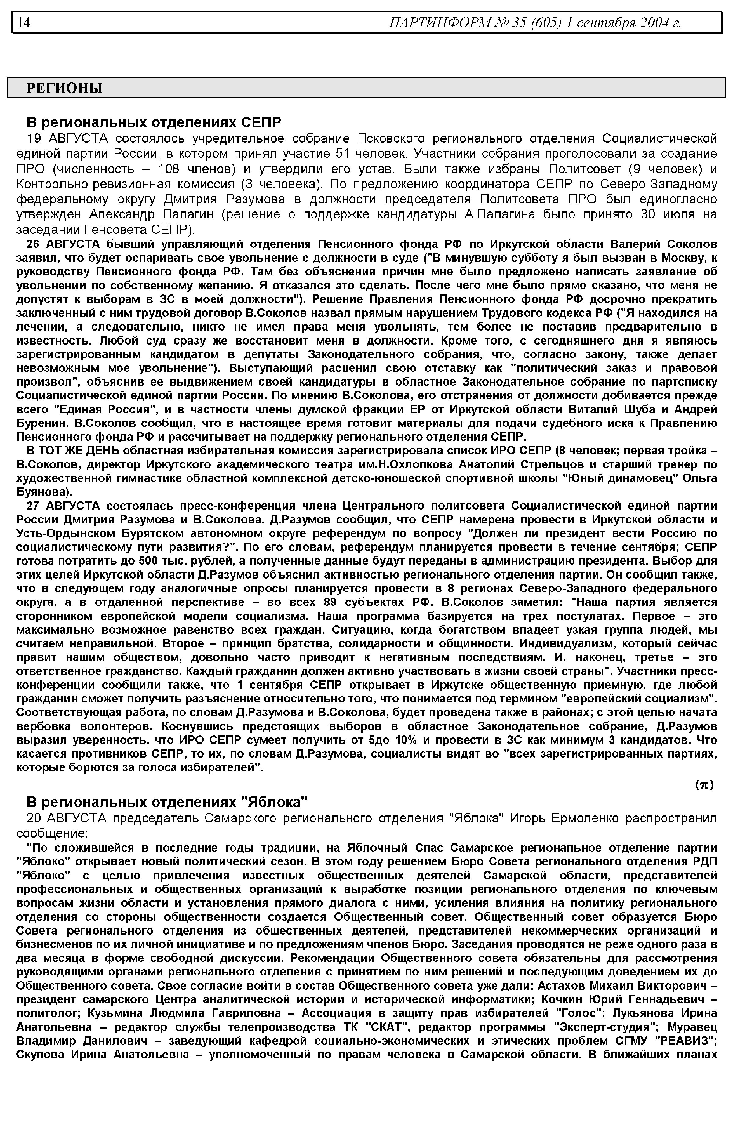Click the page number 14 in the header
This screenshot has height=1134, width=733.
click(24, 22)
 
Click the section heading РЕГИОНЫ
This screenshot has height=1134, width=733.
click(64, 88)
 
